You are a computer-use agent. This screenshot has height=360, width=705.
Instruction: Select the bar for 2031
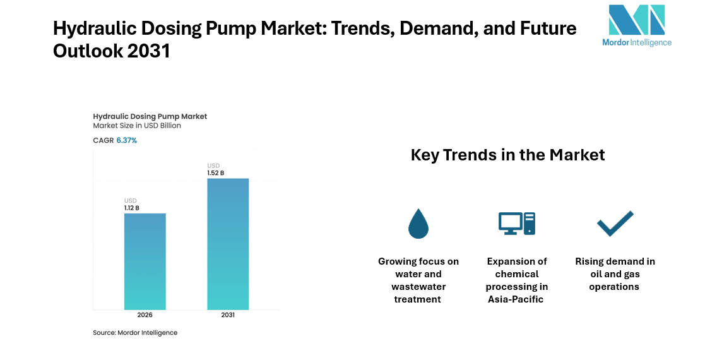(228, 243)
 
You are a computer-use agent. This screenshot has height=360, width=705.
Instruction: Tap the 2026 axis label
(145, 315)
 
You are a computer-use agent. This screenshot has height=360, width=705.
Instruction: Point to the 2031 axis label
(228, 315)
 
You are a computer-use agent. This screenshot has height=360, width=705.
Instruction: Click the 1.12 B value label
(131, 208)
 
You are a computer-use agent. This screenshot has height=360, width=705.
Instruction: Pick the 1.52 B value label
(215, 172)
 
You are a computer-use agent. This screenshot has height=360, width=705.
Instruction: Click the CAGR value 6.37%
(126, 140)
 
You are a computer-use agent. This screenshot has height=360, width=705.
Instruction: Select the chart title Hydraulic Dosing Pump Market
(150, 116)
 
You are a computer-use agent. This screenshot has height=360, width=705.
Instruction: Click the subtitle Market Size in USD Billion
(137, 126)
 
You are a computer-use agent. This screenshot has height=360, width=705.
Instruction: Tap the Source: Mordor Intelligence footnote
(135, 333)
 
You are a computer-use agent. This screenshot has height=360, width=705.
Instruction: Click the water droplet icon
(418, 224)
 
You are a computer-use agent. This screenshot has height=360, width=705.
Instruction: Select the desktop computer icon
(516, 224)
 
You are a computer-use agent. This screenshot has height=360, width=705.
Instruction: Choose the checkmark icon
(615, 224)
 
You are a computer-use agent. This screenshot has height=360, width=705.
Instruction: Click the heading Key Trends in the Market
(507, 155)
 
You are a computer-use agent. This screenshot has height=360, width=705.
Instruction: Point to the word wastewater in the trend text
(418, 287)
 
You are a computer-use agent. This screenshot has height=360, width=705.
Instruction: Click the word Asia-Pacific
(516, 299)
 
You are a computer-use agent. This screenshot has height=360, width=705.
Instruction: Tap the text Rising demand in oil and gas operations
(615, 274)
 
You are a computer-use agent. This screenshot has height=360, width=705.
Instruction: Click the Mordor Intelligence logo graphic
(636, 20)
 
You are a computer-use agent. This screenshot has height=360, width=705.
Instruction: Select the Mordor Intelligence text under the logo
(636, 42)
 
